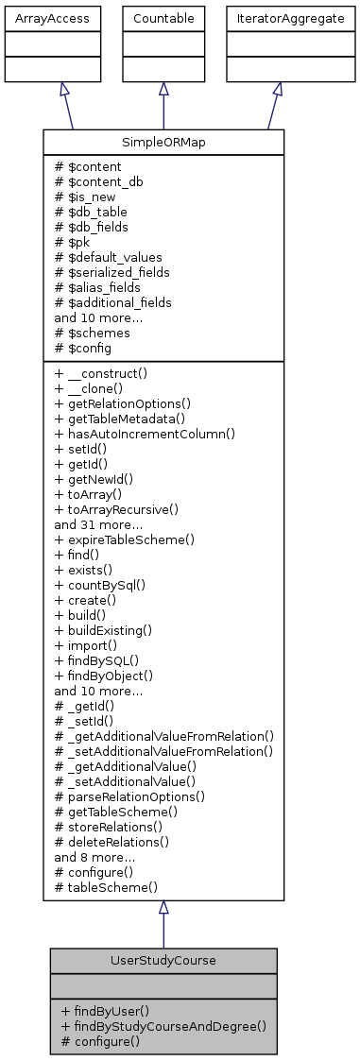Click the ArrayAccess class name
pos(38,18)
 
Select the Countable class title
pos(163,18)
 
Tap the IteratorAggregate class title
pos(277,18)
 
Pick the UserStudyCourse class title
pos(163,959)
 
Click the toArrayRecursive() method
pos(117,509)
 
